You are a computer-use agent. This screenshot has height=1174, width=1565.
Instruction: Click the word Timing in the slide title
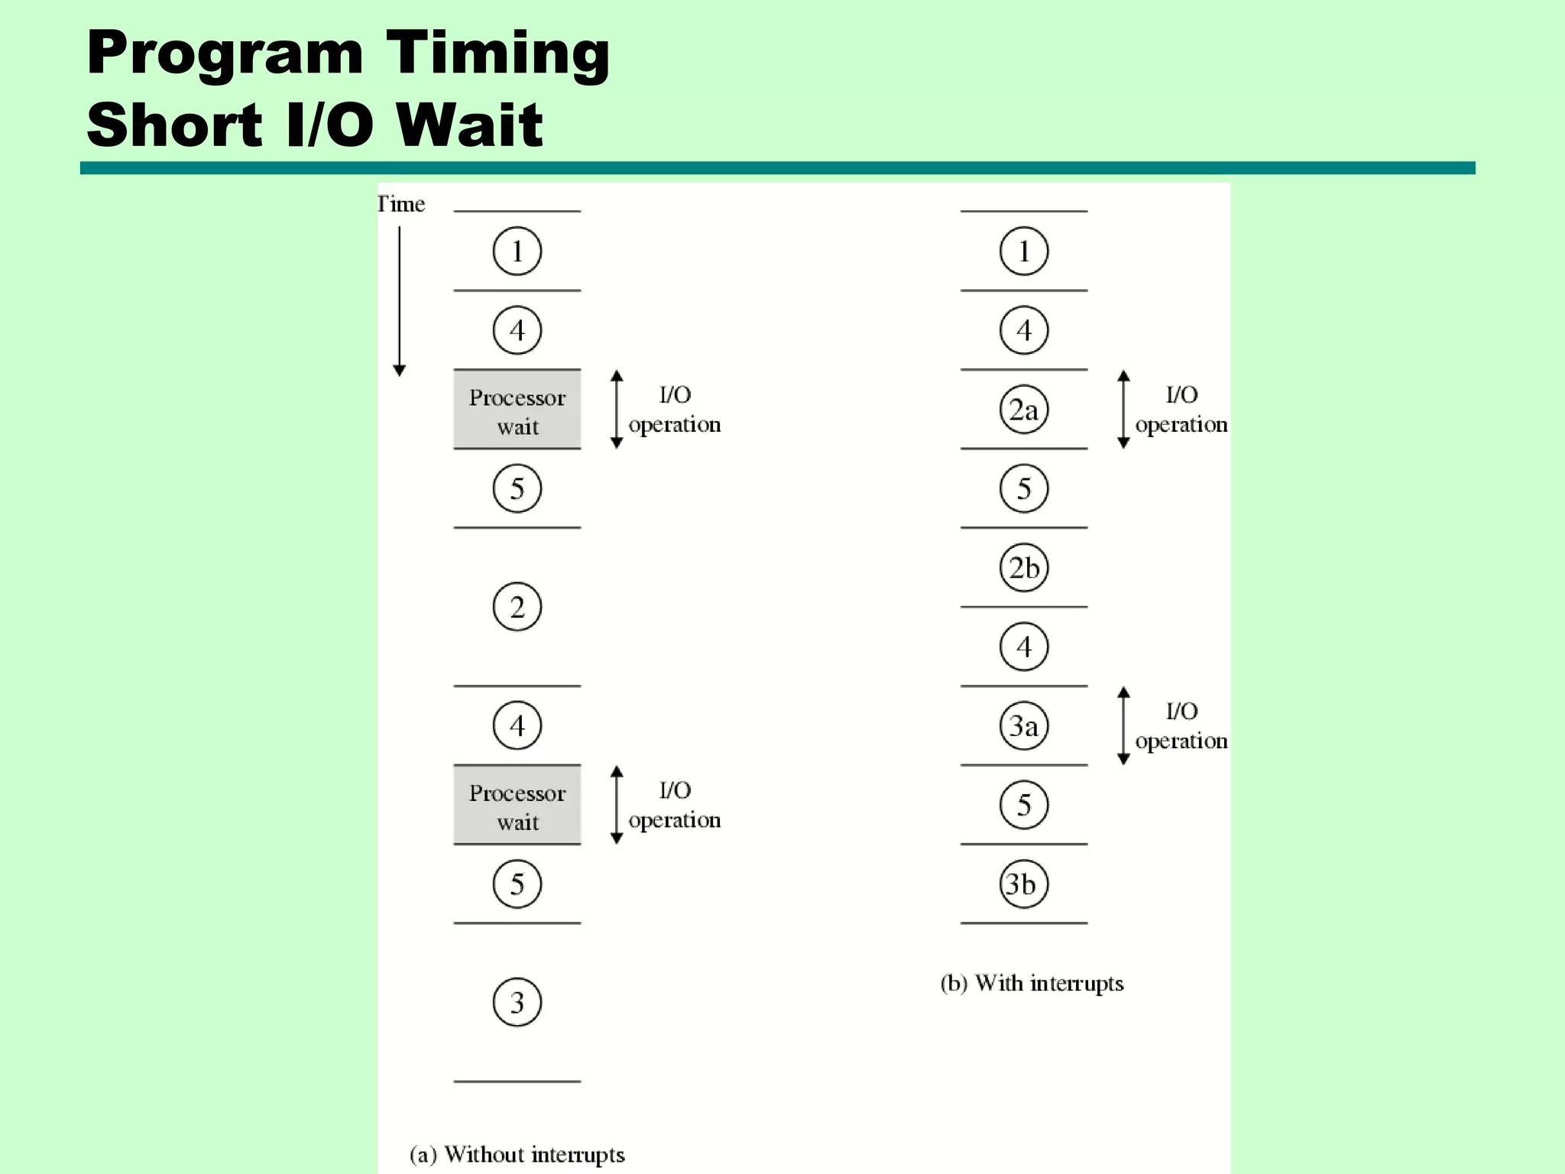(x=497, y=54)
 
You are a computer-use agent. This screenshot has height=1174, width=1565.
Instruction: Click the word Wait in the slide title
(x=468, y=125)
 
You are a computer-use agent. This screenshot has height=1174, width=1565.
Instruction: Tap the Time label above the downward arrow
(x=401, y=204)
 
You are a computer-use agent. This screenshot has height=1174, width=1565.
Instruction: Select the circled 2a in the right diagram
(x=1024, y=410)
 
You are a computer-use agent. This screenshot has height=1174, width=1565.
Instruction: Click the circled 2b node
(x=1024, y=568)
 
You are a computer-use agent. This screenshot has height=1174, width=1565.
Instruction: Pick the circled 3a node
(x=1024, y=726)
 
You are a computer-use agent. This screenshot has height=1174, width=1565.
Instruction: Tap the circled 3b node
(x=1022, y=884)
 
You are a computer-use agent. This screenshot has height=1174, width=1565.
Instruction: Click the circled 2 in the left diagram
(x=517, y=608)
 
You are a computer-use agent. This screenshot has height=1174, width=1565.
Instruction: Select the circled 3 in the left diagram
(x=517, y=1002)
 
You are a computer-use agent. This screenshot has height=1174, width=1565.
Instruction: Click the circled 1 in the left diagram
(x=517, y=251)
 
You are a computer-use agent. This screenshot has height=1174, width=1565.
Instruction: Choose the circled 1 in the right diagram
(x=1024, y=251)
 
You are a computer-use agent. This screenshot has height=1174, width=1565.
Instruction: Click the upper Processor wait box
(x=517, y=410)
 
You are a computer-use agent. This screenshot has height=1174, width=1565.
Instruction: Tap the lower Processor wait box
(x=517, y=806)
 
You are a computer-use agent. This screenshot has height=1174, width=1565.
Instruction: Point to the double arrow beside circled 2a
(x=1123, y=410)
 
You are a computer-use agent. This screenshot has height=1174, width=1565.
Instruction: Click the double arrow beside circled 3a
(x=1123, y=726)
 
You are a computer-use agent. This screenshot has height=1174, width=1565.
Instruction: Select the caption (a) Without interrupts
(x=517, y=1154)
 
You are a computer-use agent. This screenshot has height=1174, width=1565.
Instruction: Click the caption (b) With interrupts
(x=1032, y=983)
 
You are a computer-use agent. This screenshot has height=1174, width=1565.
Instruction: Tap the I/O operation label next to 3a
(x=1181, y=726)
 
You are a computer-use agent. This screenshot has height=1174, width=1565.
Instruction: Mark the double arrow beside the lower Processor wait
(x=617, y=806)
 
